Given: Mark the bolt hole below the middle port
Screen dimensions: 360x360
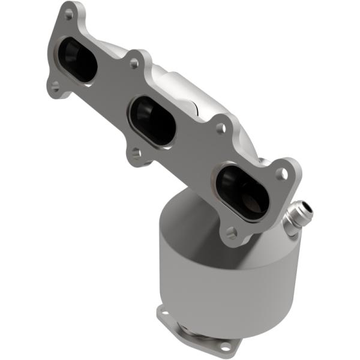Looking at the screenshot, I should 136,153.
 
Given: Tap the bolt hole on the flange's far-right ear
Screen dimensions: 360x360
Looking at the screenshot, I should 280,173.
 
